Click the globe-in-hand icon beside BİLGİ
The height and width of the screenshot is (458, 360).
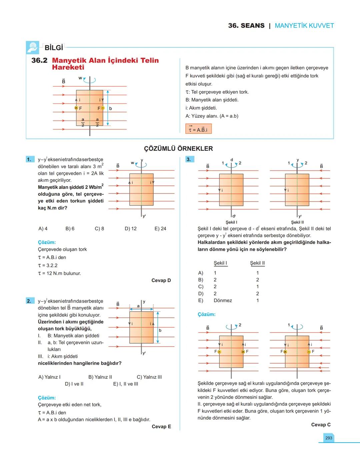click(33, 48)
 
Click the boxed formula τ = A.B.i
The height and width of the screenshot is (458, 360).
click(198, 129)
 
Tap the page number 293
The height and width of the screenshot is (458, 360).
click(329, 438)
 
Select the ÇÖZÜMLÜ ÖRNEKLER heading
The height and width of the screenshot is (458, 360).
click(178, 149)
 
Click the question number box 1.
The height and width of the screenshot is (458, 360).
click(29, 159)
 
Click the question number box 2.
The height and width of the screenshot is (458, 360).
click(29, 301)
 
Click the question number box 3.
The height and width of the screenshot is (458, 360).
click(189, 159)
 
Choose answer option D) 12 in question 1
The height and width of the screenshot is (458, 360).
click(131, 229)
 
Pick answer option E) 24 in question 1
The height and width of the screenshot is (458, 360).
click(160, 229)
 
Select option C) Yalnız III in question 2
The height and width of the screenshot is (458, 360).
click(149, 377)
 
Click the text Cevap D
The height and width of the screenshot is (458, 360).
click(161, 281)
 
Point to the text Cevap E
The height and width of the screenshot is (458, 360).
click(161, 427)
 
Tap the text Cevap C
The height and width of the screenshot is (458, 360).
click(321, 425)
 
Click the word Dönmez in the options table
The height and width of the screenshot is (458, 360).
click(223, 301)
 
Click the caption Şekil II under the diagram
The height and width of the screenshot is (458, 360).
click(297, 222)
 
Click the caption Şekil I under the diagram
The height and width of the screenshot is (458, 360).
click(231, 222)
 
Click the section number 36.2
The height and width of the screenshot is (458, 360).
click(39, 60)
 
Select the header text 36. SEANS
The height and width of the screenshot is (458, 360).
click(246, 26)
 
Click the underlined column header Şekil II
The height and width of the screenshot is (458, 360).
click(257, 263)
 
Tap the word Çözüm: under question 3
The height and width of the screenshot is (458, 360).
click(207, 315)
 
